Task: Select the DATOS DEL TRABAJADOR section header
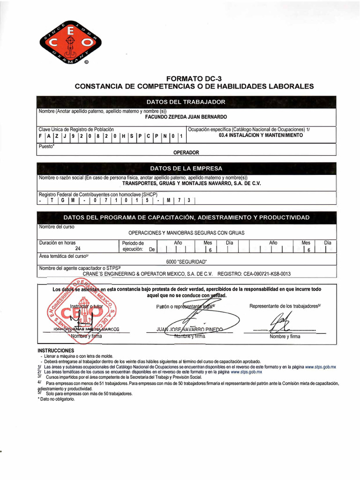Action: tap(186, 102)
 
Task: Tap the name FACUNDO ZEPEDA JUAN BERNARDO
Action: tap(186, 116)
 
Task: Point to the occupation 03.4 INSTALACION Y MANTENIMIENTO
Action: tap(261, 135)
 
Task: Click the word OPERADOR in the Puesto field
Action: tap(186, 152)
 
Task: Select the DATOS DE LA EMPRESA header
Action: tap(186, 168)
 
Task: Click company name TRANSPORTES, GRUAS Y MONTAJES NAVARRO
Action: tap(191, 183)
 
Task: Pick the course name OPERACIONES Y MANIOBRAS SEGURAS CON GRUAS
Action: tap(186, 232)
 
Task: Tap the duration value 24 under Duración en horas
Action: tap(78, 249)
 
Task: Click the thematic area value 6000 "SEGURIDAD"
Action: tap(186, 262)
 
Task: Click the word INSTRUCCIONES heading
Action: tap(56, 351)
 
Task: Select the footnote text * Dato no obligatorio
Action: tap(56, 399)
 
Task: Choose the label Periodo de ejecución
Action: tap(133, 246)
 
